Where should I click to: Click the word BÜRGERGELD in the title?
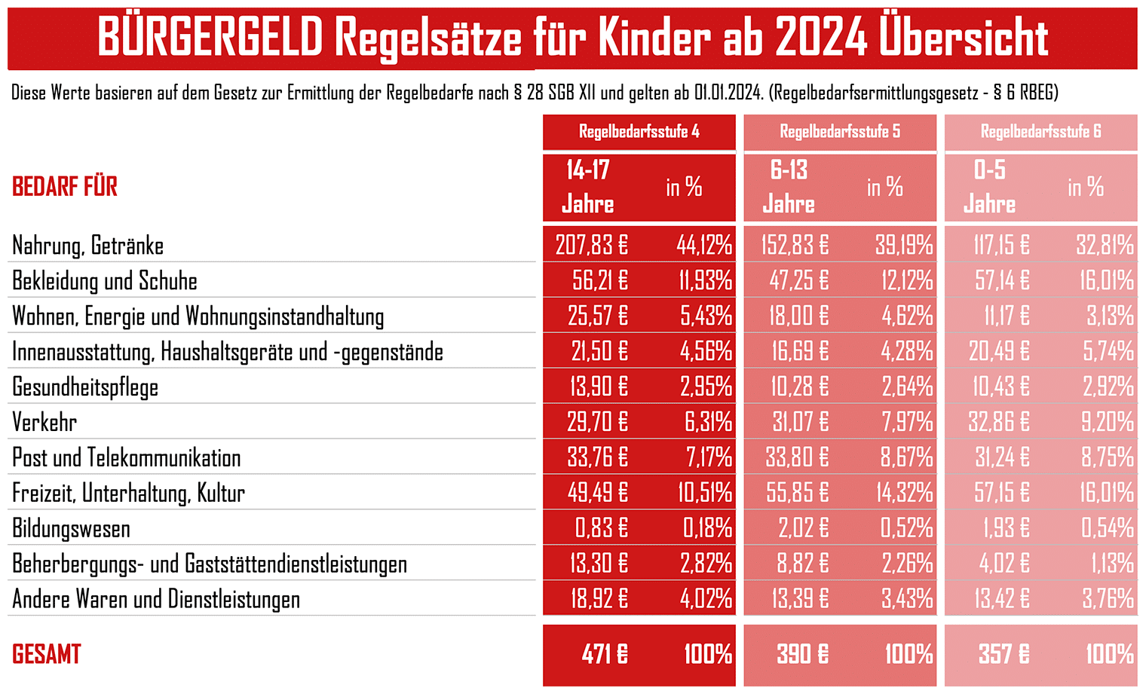coord(210,38)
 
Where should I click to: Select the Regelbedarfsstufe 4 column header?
coord(639,131)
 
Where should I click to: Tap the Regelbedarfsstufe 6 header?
coord(1040,131)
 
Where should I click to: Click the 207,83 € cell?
coord(591,245)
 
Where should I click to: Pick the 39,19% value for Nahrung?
coord(904,245)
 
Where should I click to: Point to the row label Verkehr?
coord(44,423)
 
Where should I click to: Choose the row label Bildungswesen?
coord(71,528)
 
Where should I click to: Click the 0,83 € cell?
coord(601,527)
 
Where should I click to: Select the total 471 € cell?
coord(605,654)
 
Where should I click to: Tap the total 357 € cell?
coord(1004,654)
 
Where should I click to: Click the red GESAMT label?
coord(47,654)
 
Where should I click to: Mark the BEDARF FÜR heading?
coord(65,186)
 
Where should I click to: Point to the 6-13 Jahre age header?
coord(789,187)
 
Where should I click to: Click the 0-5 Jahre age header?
coord(989,187)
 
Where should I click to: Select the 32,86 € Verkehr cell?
coord(999,422)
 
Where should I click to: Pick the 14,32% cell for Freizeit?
coord(905,493)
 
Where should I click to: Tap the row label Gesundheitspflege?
coord(85,387)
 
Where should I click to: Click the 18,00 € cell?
coord(798,316)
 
